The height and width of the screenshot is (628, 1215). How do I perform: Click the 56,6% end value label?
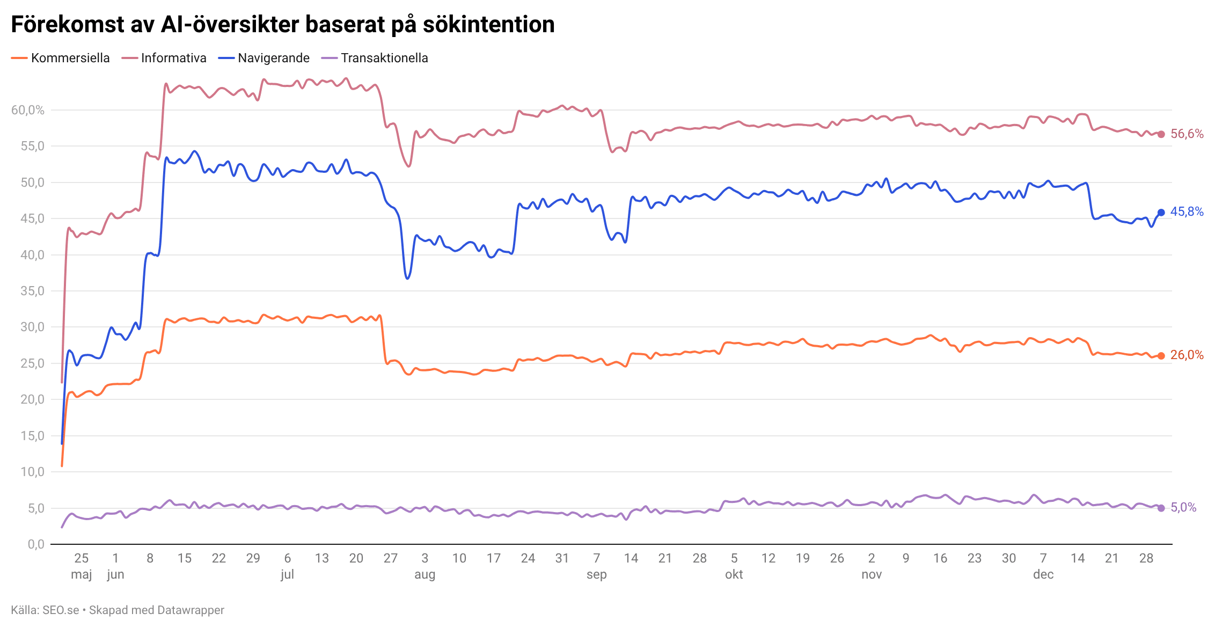point(1187,134)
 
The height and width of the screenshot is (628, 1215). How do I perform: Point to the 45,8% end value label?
point(1187,212)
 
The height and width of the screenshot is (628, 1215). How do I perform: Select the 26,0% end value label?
point(1187,355)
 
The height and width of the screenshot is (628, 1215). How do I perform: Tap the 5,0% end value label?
point(1183,507)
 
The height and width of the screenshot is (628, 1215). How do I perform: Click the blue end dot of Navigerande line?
point(1161,213)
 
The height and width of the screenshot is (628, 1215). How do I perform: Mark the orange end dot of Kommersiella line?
point(1161,355)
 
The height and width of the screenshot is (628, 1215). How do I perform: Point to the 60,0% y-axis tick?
point(28,110)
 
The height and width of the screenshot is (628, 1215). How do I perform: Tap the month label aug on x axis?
point(424,574)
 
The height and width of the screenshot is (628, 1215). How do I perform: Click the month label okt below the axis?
point(734,574)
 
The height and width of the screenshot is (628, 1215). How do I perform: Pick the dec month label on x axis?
point(1043,574)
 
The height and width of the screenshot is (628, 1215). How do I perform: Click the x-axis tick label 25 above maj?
point(81,558)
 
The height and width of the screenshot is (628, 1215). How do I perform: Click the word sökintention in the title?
point(488,25)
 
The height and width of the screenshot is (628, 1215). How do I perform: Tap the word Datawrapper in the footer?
point(192,610)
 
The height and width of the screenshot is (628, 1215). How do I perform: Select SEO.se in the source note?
point(61,610)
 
